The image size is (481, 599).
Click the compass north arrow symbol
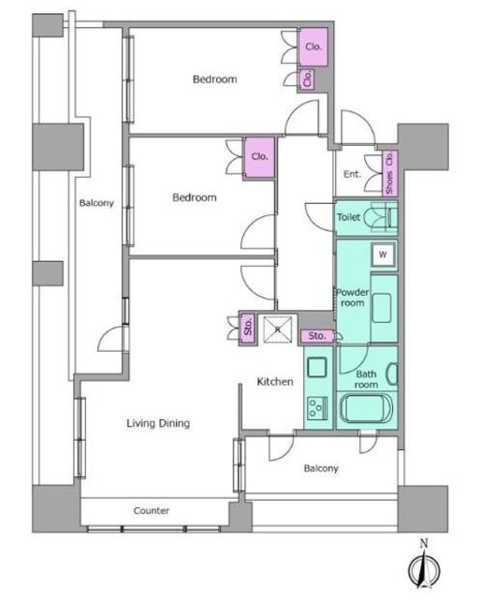pyautogui.click(x=424, y=568)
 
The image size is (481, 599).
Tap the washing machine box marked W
pyautogui.click(x=383, y=255)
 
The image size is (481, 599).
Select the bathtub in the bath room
pyautogui.click(x=366, y=408)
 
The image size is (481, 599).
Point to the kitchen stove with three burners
pyautogui.click(x=317, y=407)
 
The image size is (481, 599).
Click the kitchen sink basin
pyautogui.click(x=317, y=367)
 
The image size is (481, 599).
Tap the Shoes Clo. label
pyautogui.click(x=390, y=172)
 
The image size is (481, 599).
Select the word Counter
pyautogui.click(x=152, y=511)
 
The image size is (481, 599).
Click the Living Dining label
pyautogui.click(x=158, y=423)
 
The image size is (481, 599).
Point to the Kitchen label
pyautogui.click(x=275, y=382)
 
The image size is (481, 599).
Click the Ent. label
pyautogui.click(x=352, y=174)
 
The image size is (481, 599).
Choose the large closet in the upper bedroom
pyautogui.click(x=313, y=47)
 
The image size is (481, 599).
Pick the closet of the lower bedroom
pyautogui.click(x=259, y=157)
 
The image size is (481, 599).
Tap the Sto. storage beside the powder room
pyautogui.click(x=317, y=336)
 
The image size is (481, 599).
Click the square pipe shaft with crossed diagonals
pyautogui.click(x=278, y=329)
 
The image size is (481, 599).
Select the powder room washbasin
pyautogui.click(x=381, y=308)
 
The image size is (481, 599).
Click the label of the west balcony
pyautogui.click(x=96, y=203)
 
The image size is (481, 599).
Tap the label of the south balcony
pyautogui.click(x=321, y=468)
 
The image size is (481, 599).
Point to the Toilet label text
pyautogui.click(x=348, y=217)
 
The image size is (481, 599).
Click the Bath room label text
pyautogui.click(x=366, y=379)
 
